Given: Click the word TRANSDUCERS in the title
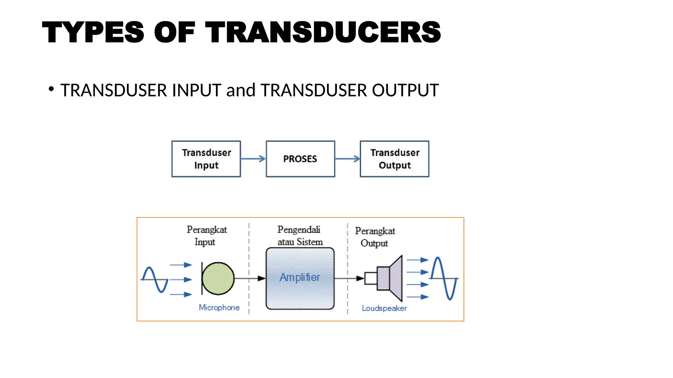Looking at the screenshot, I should pyautogui.click(x=323, y=32).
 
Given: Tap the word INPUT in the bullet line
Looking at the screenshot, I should pyautogui.click(x=196, y=90).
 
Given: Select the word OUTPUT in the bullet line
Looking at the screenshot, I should pyautogui.click(x=405, y=90).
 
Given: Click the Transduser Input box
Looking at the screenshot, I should pyautogui.click(x=206, y=159).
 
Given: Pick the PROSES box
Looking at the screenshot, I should pyautogui.click(x=300, y=159).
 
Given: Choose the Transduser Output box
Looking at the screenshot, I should pyautogui.click(x=394, y=159).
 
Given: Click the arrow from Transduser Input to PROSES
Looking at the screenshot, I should pyautogui.click(x=253, y=159).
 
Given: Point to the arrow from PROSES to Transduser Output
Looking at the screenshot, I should pyautogui.click(x=347, y=159).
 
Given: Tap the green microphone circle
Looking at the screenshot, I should pyautogui.click(x=218, y=278).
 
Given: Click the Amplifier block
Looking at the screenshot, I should pyautogui.click(x=300, y=278).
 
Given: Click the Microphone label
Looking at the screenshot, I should pyautogui.click(x=219, y=307).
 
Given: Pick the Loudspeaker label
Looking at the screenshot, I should pyautogui.click(x=384, y=308).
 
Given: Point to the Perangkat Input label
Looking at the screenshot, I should pyautogui.click(x=206, y=236).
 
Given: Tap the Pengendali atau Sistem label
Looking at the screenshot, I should pyautogui.click(x=300, y=236).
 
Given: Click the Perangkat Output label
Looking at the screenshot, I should pyautogui.click(x=375, y=237).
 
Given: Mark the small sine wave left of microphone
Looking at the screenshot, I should pyautogui.click(x=154, y=280).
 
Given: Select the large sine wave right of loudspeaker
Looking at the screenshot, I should pyautogui.click(x=444, y=278).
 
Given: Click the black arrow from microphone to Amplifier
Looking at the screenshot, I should pyautogui.click(x=250, y=279).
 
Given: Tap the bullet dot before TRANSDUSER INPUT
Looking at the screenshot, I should pyautogui.click(x=51, y=89).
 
